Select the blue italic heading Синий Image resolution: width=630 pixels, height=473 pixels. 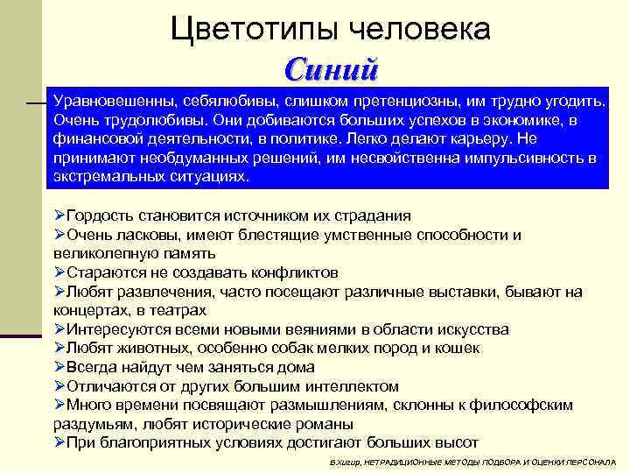[x=332, y=67]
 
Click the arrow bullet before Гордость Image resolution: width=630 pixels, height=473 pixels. [x=59, y=215]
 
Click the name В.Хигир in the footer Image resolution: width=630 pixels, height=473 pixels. [x=344, y=461]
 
